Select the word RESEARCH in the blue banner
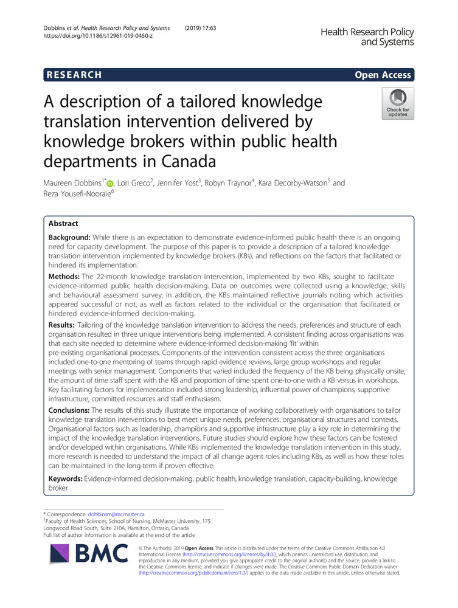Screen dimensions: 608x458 [x=74, y=75]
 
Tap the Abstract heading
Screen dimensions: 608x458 [x=65, y=223]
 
